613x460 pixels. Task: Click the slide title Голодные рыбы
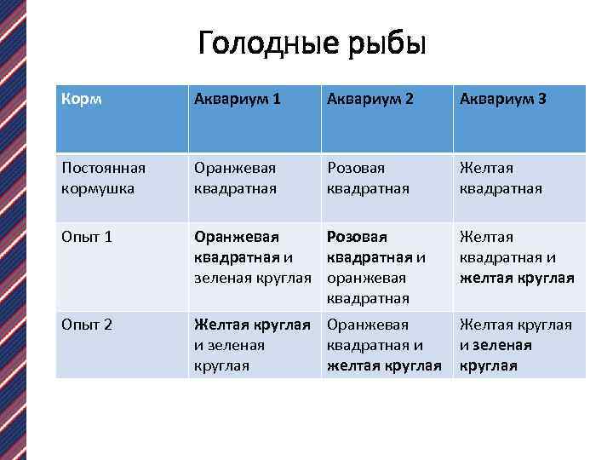(x=310, y=43)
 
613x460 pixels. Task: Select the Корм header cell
(x=82, y=100)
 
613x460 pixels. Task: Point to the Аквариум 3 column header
(x=503, y=100)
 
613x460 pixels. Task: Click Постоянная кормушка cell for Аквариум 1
(x=235, y=177)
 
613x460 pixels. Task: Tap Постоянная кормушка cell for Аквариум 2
(x=368, y=177)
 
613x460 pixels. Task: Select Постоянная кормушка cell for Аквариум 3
(x=501, y=177)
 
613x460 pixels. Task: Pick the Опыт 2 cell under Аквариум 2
(x=384, y=345)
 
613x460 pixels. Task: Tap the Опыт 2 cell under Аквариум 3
(x=516, y=345)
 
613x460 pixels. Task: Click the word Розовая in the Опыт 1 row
(x=357, y=236)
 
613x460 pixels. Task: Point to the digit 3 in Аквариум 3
(x=542, y=100)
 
